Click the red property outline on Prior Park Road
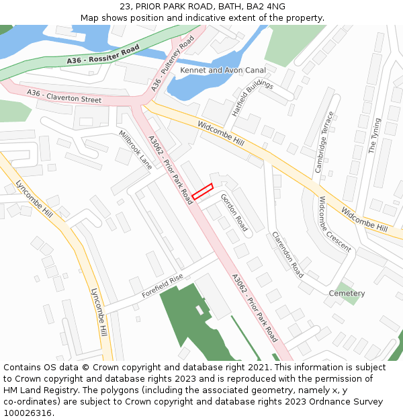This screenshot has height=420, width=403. [202, 192]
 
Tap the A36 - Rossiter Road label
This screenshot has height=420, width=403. [103, 56]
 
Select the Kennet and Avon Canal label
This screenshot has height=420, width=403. [223, 70]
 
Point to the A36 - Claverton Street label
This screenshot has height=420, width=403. [64, 95]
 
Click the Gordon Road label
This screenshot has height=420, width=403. [234, 212]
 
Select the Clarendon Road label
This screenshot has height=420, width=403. [287, 255]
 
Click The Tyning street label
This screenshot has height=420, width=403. [374, 136]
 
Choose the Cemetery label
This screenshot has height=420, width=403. [347, 294]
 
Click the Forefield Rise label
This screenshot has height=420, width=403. [162, 286]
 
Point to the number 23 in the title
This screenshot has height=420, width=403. [126, 6]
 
